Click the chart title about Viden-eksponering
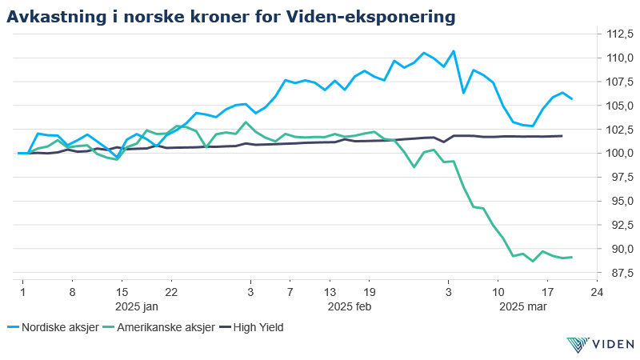232,16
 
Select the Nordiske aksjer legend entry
57,326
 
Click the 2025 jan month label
136,306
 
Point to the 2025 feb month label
350,306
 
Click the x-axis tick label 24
595,293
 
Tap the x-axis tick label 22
170,293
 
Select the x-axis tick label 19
369,293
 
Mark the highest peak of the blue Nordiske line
454,51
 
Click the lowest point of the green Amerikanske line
533,261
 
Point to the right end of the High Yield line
562,136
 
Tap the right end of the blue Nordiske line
571,98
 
